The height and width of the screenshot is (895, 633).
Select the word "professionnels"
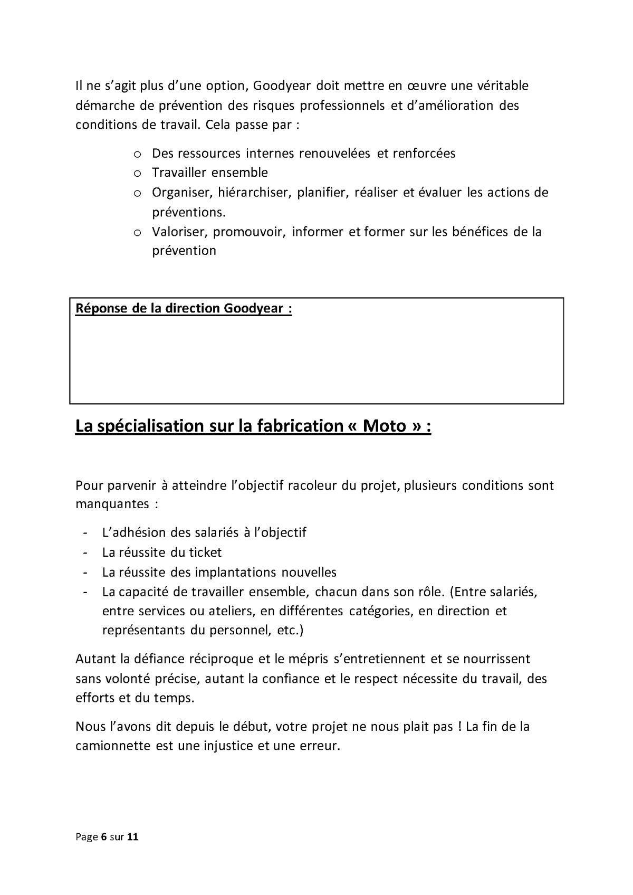point(342,106)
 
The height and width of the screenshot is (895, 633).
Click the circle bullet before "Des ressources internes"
point(137,154)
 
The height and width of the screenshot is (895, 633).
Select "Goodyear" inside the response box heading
point(254,309)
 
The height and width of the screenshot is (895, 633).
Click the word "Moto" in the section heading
point(384,426)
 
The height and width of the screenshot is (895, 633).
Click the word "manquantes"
point(112,504)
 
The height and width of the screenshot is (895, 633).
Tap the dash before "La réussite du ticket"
point(84,553)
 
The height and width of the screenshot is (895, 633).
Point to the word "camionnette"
point(112,746)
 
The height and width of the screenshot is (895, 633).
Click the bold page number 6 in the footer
point(104,837)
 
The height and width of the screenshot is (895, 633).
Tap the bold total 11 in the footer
point(133,837)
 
